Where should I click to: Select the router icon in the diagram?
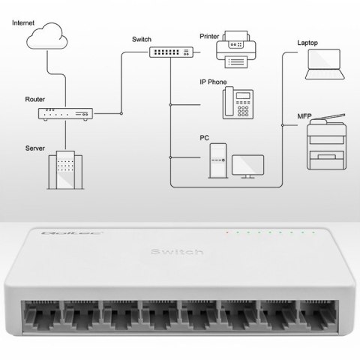pos(65,113)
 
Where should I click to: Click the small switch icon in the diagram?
pos(169,52)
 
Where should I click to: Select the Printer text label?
pos(211,34)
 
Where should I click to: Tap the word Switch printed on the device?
pos(176,250)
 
